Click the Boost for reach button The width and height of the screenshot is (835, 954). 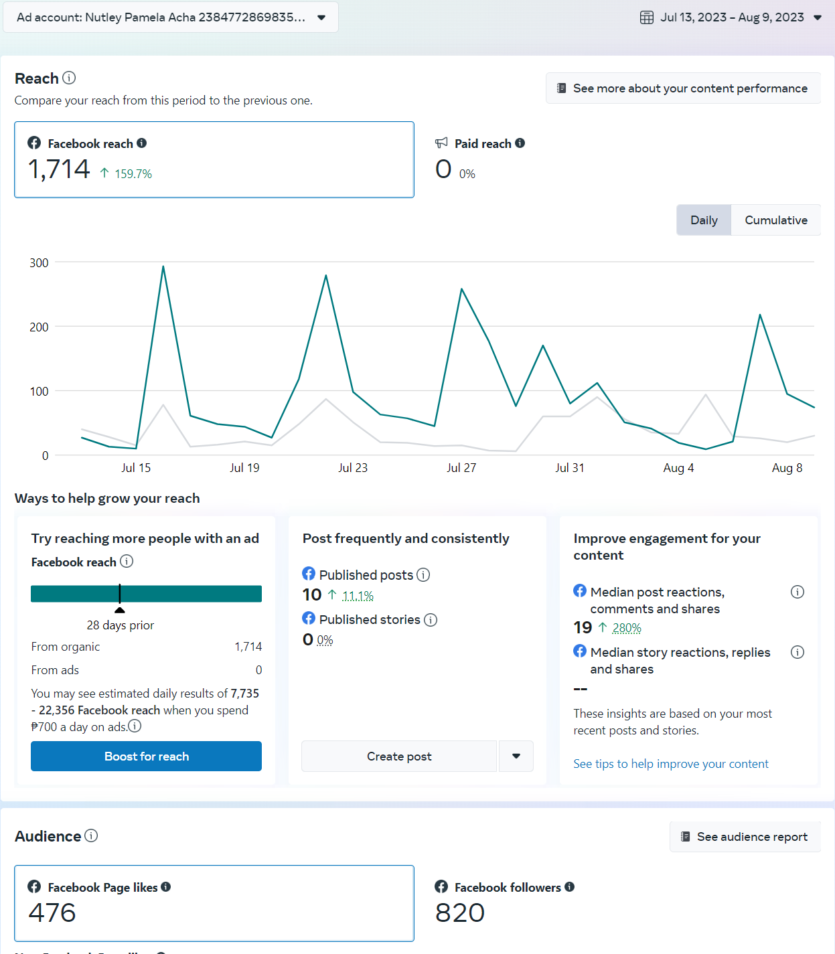point(146,756)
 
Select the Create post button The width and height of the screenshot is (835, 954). point(399,756)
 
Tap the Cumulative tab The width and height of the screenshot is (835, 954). point(775,220)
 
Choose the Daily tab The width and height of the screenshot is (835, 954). point(704,220)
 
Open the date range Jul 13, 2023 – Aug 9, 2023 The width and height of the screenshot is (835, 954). point(731,17)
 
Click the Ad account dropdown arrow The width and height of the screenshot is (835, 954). point(321,17)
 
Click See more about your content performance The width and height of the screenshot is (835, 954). point(683,88)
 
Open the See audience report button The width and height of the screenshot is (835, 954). point(745,837)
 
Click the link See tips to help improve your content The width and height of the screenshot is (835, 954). point(671,764)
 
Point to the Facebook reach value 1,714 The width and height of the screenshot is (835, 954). point(59,169)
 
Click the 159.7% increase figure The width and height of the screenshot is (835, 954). point(133,174)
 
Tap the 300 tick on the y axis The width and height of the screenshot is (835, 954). point(39,263)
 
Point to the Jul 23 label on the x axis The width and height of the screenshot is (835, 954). point(353,468)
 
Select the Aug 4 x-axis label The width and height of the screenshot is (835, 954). point(678,468)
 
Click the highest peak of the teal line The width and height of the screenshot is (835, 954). point(163,266)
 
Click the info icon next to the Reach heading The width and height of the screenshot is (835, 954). point(69,78)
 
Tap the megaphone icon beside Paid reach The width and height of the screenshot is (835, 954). point(441,143)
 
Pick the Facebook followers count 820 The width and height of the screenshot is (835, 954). point(460,913)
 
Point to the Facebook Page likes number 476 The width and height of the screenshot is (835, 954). point(52,913)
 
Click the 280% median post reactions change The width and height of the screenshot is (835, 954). point(627,628)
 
